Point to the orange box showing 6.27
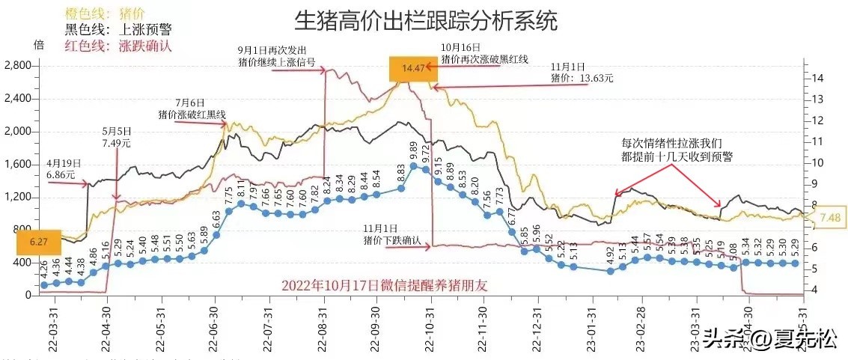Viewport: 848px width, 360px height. click(x=37, y=242)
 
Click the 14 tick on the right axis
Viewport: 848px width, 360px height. click(x=817, y=78)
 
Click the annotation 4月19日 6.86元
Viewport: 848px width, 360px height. click(x=61, y=168)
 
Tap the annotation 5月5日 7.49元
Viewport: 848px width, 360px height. click(x=117, y=136)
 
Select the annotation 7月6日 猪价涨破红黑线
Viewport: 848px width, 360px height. click(x=192, y=109)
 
